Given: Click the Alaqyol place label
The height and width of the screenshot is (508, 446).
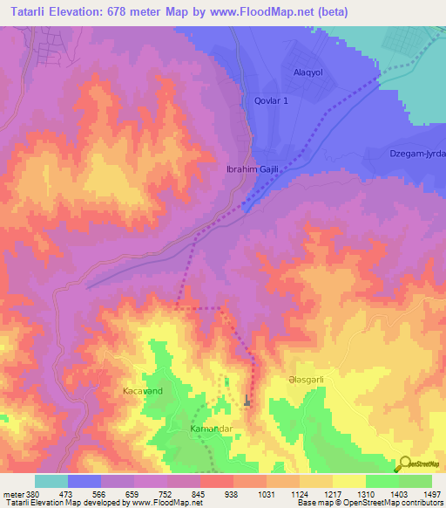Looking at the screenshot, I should [x=308, y=73].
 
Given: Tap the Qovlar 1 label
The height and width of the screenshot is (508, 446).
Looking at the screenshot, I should [x=271, y=100].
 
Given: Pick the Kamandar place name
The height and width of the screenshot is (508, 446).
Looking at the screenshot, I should [x=213, y=430].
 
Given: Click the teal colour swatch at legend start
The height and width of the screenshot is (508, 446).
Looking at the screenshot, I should [x=51, y=481].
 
